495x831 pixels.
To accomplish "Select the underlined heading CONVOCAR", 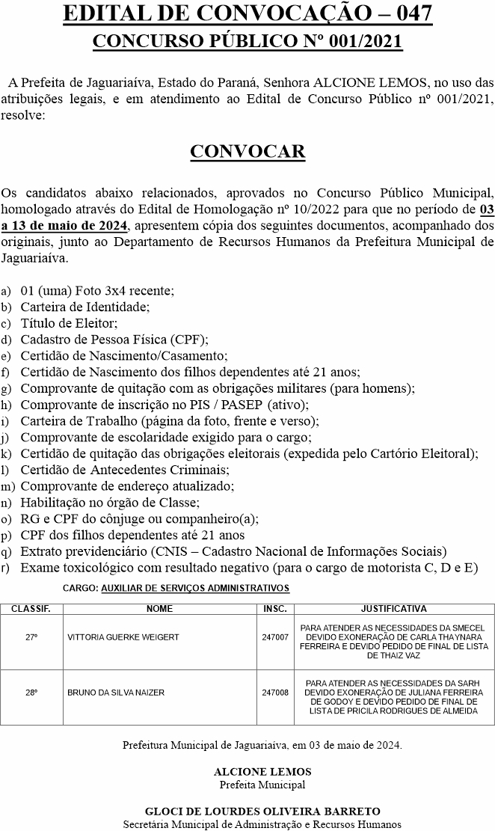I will coord(248,152).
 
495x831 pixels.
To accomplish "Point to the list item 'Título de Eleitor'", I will coord(69,323).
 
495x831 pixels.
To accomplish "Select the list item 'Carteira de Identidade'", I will coord(85,307).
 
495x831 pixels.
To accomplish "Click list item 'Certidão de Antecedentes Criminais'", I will coord(125,470).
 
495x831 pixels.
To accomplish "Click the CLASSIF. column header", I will coord(31,609).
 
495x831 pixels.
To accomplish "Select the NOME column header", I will coord(159,609).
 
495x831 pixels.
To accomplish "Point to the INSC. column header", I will coord(275,609).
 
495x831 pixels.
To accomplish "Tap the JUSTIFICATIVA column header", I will coord(393,609).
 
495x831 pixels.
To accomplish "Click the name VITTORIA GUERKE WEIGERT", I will coord(123,637).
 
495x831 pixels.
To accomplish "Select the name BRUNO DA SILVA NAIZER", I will coord(116,693).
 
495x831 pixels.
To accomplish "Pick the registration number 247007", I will coord(275,637).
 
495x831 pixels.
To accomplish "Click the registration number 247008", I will coord(275,693).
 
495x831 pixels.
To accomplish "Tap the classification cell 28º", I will coord(31,693).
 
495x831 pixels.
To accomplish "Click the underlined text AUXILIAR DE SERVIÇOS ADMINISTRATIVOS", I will coord(195,589).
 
